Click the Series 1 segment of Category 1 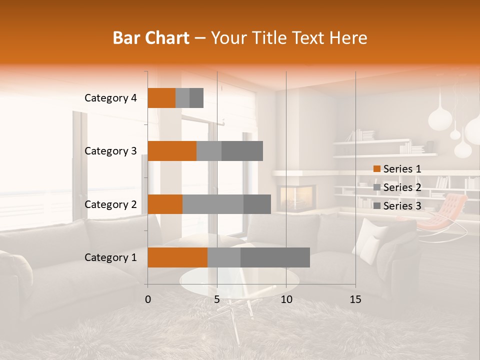177,257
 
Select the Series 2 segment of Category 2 213,204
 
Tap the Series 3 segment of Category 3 242,151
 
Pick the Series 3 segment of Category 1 275,257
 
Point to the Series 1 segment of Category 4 161,97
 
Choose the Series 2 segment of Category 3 209,151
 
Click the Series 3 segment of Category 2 257,204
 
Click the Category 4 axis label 110,98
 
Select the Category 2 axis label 110,204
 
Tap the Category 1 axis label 110,257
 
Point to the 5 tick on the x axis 217,299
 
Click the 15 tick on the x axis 355,299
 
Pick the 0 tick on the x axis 148,299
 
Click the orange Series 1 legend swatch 376,169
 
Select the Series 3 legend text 402,206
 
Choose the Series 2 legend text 402,187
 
